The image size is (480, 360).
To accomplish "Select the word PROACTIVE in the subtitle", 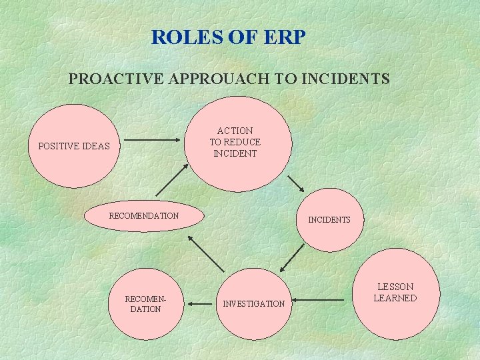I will click(x=117, y=79).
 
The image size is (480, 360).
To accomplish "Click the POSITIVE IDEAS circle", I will click(x=74, y=146).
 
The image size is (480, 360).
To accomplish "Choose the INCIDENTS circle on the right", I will click(x=329, y=219).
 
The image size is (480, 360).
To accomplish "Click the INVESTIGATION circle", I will click(x=254, y=303).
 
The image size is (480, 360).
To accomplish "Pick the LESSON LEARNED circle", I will click(x=395, y=293).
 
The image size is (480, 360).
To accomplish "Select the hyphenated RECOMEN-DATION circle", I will click(x=145, y=304).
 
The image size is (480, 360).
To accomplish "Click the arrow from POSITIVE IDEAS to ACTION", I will click(x=153, y=141).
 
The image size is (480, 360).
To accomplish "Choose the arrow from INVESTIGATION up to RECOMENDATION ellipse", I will click(x=206, y=253).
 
